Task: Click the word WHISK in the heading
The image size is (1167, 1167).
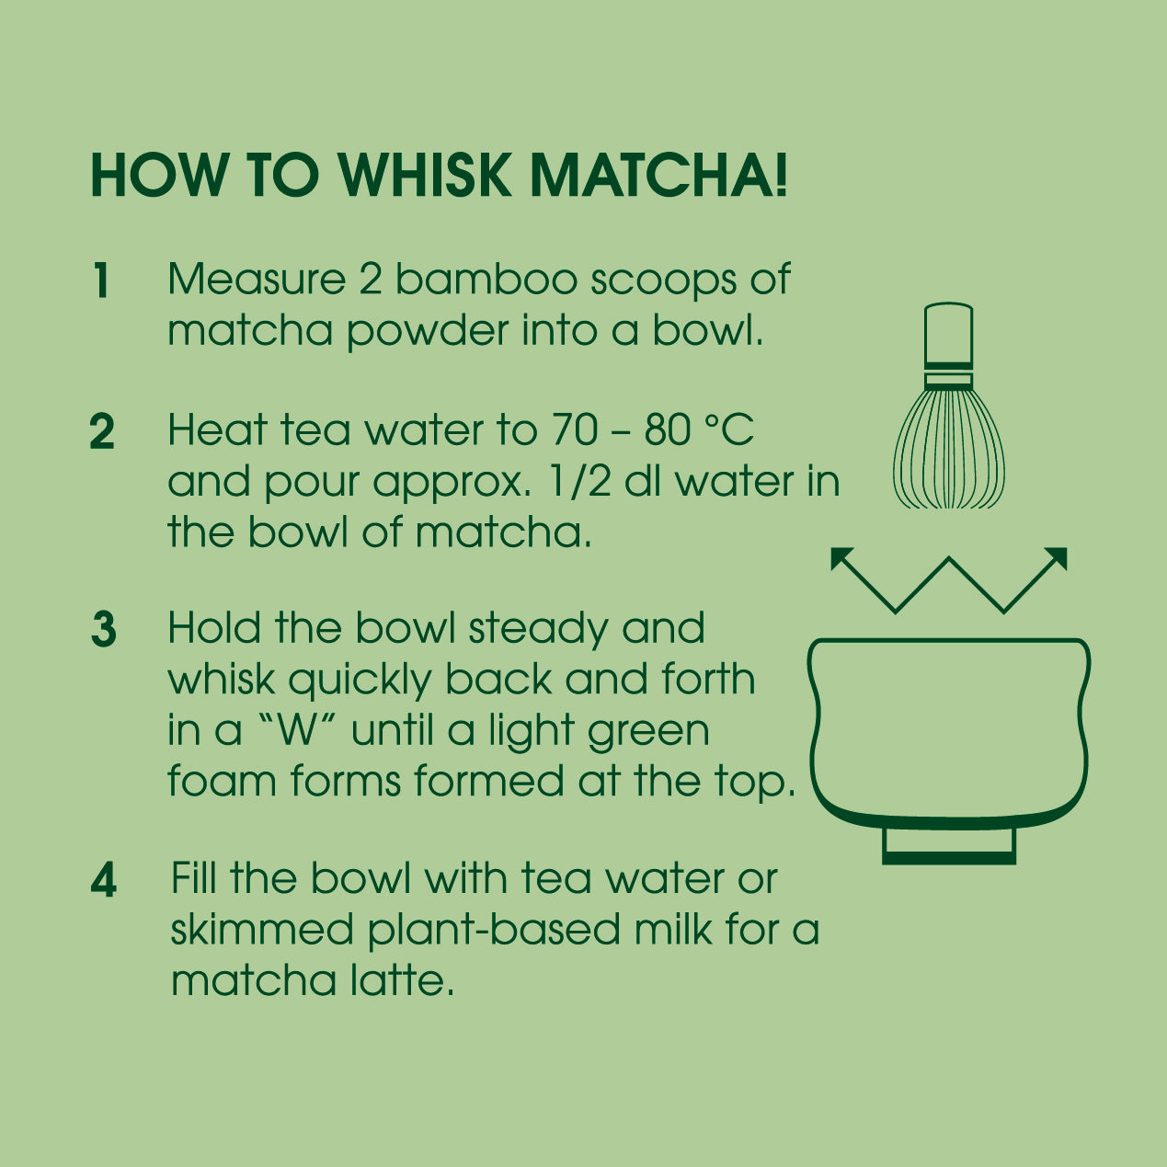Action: [425, 176]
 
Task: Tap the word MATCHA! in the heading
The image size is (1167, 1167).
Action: [658, 176]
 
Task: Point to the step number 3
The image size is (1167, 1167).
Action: [103, 629]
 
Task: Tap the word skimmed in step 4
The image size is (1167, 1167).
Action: [262, 929]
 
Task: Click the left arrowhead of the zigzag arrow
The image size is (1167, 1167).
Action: [842, 558]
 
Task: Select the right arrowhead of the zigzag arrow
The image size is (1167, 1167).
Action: [1056, 558]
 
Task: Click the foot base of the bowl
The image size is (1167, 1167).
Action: [949, 845]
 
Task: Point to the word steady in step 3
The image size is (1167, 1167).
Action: [538, 630]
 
